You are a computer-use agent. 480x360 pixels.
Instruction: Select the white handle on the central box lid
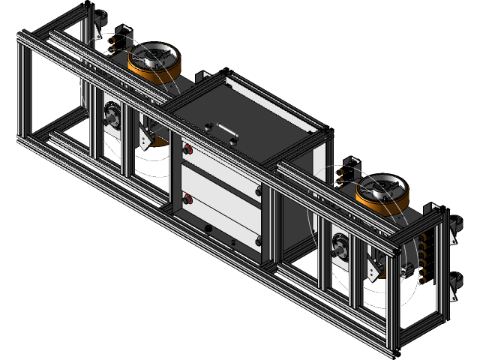click(223, 130)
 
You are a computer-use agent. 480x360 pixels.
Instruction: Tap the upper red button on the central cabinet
click(187, 150)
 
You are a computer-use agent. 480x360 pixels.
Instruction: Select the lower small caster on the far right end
click(454, 283)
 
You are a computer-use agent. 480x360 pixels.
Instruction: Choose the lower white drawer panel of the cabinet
click(222, 217)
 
